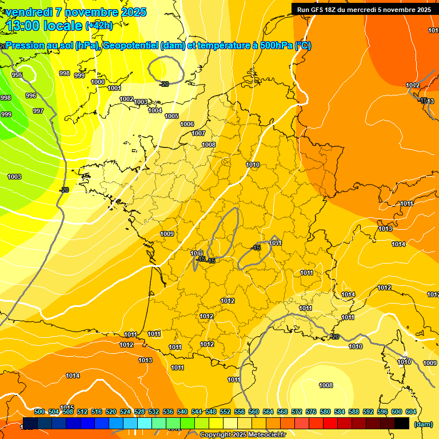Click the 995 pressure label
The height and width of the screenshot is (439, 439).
coord(17,75)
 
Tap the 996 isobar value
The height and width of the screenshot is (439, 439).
coord(31,95)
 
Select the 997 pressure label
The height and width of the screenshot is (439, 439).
coord(38,111)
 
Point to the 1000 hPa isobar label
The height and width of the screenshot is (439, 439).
coord(98,82)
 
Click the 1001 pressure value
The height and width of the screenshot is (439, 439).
coord(114,88)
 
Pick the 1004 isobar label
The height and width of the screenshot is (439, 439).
coord(155,110)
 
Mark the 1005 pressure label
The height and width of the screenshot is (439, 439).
coord(171,116)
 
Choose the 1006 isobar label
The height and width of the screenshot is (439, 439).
coord(187,124)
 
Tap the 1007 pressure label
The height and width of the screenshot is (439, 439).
coord(198,133)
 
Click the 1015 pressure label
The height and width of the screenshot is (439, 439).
coord(67,408)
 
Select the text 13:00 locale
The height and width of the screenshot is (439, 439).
coord(43,26)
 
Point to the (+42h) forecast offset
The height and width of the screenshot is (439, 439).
coord(99,26)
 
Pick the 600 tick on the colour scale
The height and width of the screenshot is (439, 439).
coord(397,412)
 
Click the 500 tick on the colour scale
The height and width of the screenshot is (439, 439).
coord(39,412)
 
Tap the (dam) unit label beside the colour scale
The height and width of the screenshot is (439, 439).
coord(423,424)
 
